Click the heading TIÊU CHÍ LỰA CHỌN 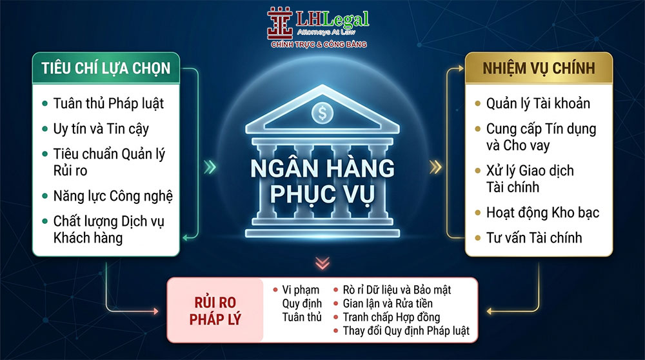(x=106, y=68)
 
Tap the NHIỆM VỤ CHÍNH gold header (x=539, y=68)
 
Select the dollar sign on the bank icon (x=322, y=113)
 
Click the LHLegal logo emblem (x=280, y=23)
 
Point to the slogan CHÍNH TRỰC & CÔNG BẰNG (x=319, y=44)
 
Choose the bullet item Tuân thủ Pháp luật (x=108, y=103)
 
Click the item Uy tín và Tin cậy (x=101, y=129)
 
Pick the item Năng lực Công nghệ (x=113, y=196)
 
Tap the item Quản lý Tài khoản (x=538, y=103)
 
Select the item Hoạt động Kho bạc (x=542, y=212)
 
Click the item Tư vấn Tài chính (x=534, y=237)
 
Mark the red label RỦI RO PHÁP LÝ (x=215, y=310)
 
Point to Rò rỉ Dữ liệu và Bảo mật (x=397, y=290)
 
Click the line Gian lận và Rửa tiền (x=388, y=304)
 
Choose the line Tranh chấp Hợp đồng (x=392, y=317)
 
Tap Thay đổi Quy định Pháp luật (x=406, y=331)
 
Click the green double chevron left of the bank (x=210, y=167)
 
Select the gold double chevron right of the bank (x=435, y=167)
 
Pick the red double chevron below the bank (x=322, y=263)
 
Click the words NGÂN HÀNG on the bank (x=322, y=168)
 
